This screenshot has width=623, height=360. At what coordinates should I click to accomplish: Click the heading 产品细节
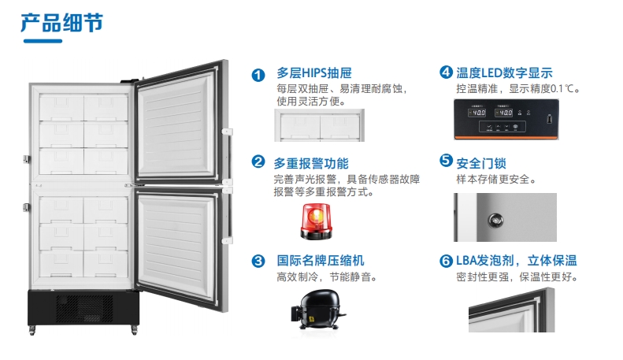pos(61,21)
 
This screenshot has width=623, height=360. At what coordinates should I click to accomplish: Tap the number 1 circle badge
pos(258,76)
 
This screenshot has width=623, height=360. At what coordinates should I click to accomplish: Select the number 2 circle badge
pos(258,163)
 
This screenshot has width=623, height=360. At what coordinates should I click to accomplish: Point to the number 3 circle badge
pos(258,261)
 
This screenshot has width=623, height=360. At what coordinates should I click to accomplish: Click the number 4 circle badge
pos(446,73)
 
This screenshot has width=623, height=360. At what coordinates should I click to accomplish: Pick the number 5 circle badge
pos(446,162)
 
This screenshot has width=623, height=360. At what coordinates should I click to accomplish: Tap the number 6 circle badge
pos(446,261)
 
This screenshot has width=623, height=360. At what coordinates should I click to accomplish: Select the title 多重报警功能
pos(310,163)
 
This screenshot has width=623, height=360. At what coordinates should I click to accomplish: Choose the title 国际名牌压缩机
pos(321,261)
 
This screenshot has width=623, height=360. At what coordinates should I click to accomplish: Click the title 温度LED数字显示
pos(504,73)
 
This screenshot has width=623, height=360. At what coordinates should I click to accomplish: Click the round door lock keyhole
pos(495,218)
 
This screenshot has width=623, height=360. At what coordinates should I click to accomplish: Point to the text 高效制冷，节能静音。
pos(326,277)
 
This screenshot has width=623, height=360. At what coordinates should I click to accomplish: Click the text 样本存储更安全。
pos(496,180)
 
